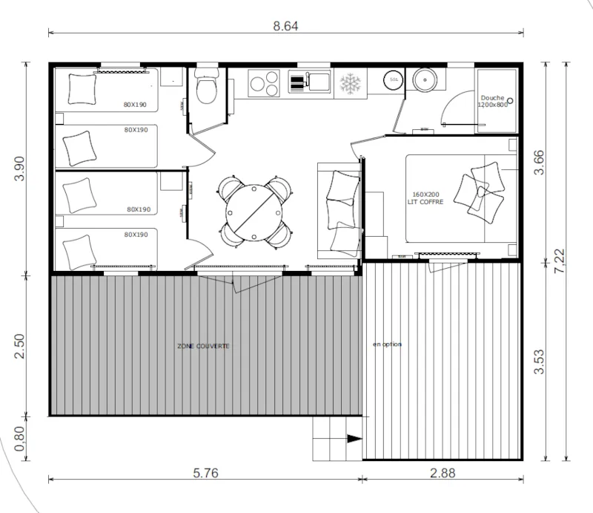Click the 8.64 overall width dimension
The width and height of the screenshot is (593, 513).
286,26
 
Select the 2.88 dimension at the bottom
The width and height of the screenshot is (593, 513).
443,472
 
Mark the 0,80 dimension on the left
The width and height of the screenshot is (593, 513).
20,438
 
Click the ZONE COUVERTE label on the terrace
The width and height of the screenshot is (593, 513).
203,347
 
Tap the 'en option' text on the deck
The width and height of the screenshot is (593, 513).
387,344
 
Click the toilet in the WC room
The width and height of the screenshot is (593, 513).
205,90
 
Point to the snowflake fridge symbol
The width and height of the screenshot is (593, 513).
349,83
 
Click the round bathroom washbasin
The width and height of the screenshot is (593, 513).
425,79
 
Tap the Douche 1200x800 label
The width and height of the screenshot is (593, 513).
493,102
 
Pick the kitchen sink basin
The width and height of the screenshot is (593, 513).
320,81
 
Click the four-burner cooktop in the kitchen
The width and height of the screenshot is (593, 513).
264,82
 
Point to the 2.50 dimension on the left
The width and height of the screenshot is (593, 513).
20,346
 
